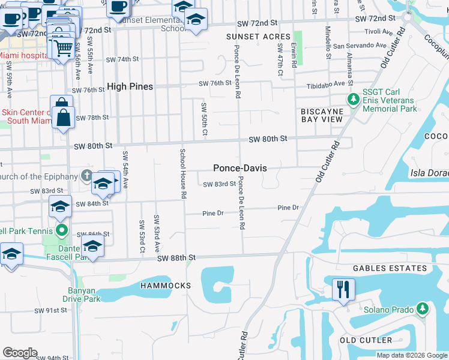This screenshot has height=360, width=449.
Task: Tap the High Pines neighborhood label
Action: [130, 87]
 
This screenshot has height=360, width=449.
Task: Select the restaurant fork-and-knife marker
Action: [344, 289]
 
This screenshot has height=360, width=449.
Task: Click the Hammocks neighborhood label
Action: [166, 286]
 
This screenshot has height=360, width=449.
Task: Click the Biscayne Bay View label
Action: [322, 115]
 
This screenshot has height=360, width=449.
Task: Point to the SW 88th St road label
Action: [176, 258]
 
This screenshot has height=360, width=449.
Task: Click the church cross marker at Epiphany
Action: [86, 176]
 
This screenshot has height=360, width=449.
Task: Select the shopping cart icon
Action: [63, 47]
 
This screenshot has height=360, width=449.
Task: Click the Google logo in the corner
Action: [20, 352]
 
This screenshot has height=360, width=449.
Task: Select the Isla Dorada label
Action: [429, 173]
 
